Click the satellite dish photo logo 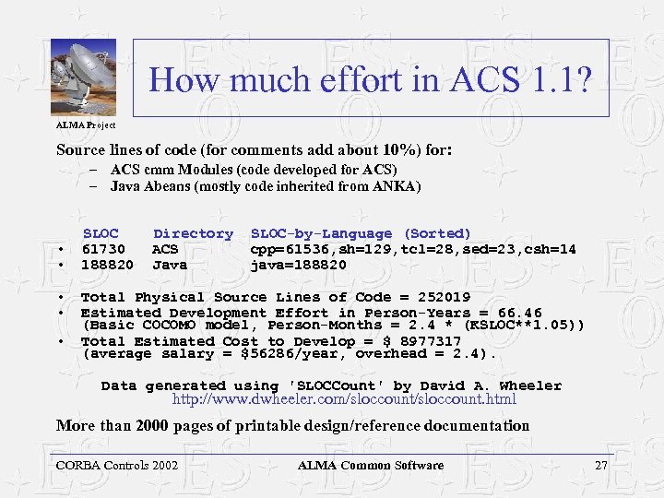coord(83,77)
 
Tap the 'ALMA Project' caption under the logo coord(85,124)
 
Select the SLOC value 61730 coord(103,249)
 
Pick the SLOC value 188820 coord(107,265)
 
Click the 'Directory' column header coord(193,234)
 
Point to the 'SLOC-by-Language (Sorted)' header coord(361,234)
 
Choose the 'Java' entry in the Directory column coord(170,265)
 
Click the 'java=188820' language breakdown coord(299,265)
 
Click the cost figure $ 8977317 coord(419,341)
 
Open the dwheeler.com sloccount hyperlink coord(344,399)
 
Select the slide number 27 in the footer coord(600,465)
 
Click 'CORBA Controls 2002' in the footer coord(117,465)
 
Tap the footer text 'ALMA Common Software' coord(370,465)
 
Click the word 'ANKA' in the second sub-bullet coord(398,186)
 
